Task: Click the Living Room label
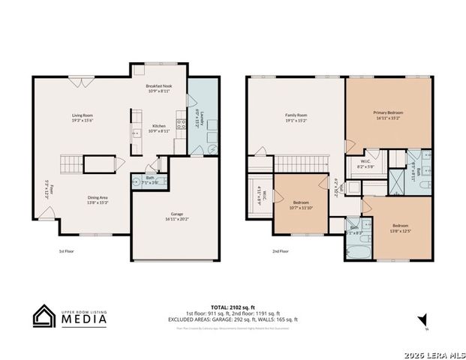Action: [82, 118]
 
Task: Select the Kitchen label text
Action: [159, 127]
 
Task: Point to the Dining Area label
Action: [98, 199]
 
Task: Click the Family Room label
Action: [296, 118]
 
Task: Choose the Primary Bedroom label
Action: [389, 115]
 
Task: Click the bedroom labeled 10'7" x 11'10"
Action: [301, 205]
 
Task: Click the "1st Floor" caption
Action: [67, 252]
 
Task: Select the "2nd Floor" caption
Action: [281, 252]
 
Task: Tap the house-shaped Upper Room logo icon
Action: [44, 316]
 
